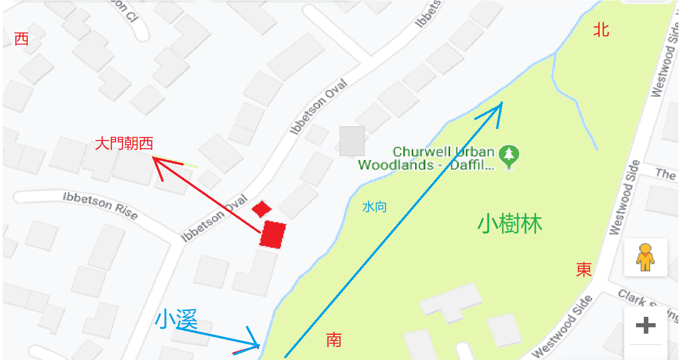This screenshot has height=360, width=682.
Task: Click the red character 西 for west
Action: point(21,39)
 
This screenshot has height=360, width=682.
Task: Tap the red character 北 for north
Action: point(601,30)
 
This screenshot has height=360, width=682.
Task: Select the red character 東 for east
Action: point(584,270)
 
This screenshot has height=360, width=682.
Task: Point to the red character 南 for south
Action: point(334,340)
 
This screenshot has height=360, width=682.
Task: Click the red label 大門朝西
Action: point(124,144)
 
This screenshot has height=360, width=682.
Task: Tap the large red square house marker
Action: point(273,235)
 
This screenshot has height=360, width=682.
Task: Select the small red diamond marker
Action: point(261,209)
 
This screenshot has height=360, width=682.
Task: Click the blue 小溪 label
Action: point(176,320)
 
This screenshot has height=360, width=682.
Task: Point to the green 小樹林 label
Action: point(510,225)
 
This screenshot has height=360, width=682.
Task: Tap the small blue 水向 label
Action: point(375,207)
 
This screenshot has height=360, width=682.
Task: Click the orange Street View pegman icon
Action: point(645,257)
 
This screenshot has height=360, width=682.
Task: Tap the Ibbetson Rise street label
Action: point(100,205)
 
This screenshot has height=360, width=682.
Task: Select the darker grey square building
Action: point(352,141)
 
